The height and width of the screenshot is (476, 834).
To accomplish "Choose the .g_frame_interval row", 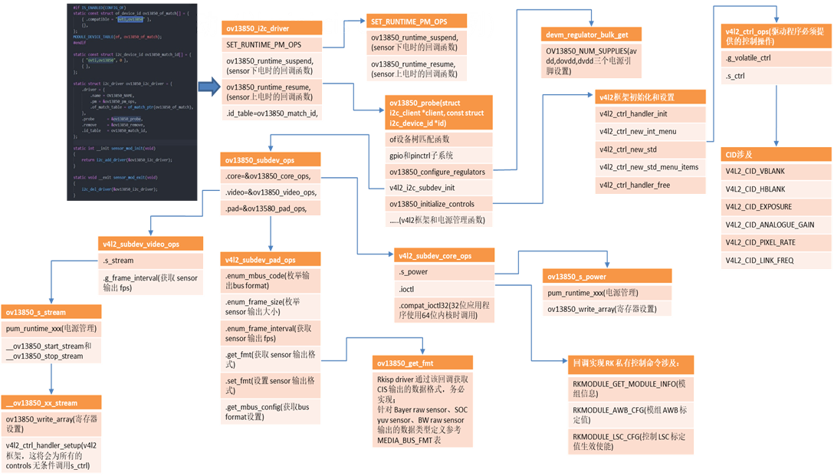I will [151, 283].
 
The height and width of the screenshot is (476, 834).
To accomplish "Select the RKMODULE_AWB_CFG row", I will [632, 415].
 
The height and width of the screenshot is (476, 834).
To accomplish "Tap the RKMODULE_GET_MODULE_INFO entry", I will [632, 387].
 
